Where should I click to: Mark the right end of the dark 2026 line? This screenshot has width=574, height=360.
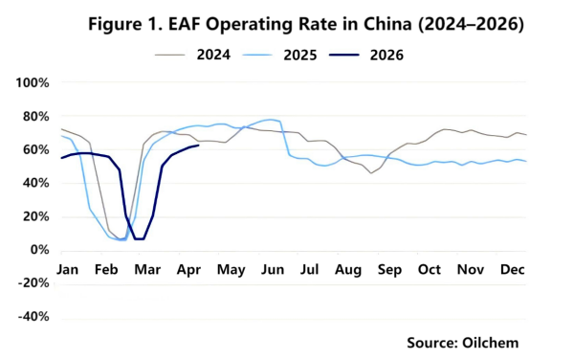[198, 146]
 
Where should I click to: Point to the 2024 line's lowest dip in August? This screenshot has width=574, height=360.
[371, 172]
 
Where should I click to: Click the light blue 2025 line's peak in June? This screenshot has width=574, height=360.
[270, 120]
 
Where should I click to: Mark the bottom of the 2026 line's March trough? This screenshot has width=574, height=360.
[140, 238]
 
